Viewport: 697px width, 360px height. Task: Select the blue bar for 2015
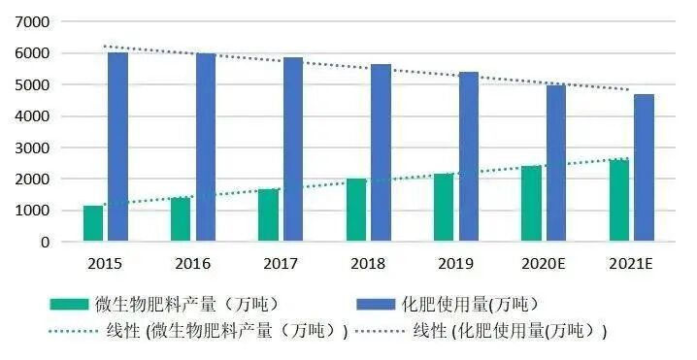[117, 147]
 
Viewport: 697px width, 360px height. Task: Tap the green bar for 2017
[269, 214]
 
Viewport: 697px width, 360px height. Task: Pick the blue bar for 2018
[381, 152]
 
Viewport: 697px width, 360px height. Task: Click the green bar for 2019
[444, 207]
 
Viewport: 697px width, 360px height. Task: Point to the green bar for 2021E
[619, 200]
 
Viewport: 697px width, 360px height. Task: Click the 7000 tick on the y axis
[35, 21]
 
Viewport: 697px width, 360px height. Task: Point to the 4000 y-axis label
[35, 116]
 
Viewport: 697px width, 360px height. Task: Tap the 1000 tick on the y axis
[35, 211]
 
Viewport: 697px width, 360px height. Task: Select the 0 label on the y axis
[46, 242]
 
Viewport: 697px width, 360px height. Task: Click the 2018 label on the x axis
[369, 263]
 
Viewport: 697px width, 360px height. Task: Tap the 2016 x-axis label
[193, 263]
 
